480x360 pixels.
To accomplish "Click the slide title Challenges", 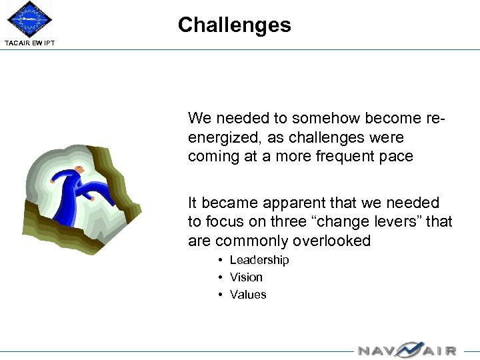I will [234, 25].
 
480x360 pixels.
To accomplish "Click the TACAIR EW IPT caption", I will [30, 43].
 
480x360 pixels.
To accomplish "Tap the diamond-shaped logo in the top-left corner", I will [29, 19].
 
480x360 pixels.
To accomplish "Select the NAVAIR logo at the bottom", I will [407, 349].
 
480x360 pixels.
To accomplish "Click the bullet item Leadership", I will [259, 260].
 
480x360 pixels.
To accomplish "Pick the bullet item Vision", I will [246, 277].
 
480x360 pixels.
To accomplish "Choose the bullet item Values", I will [248, 295].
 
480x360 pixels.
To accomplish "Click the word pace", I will [397, 156].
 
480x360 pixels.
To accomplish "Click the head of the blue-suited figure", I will [79, 169].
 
